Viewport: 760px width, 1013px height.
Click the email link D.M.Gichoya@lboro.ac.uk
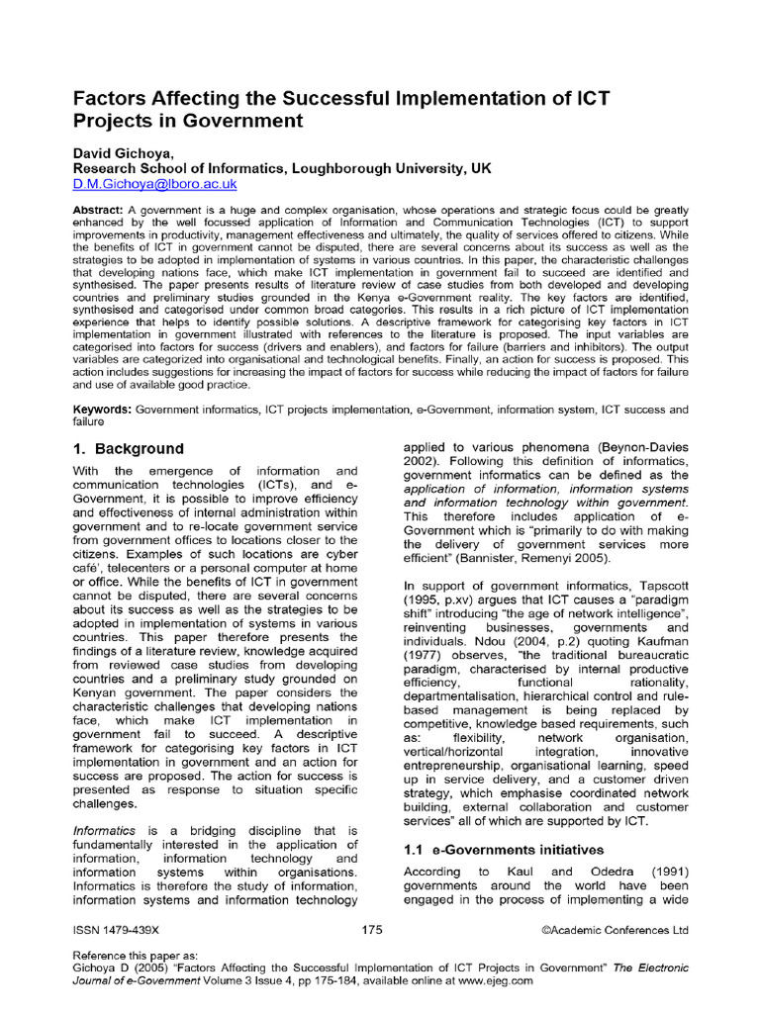pyautogui.click(x=155, y=185)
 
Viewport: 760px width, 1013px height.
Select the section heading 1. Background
pyautogui.click(x=129, y=448)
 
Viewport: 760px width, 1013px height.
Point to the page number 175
pyautogui.click(x=372, y=930)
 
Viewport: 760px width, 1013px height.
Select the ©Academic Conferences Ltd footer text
pyautogui.click(x=616, y=930)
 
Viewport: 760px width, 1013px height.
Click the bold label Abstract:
pyautogui.click(x=99, y=213)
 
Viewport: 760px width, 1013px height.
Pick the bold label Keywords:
pyautogui.click(x=103, y=409)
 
